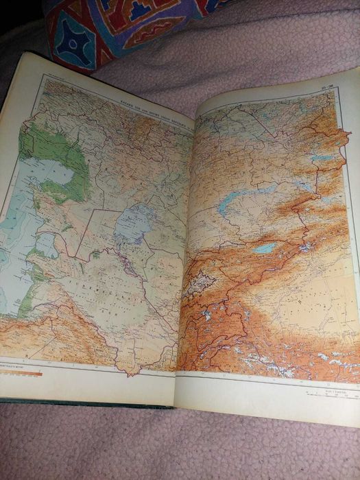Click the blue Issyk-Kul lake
(265, 248)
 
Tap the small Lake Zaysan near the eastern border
(322, 158)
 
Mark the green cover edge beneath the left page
(82, 403)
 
